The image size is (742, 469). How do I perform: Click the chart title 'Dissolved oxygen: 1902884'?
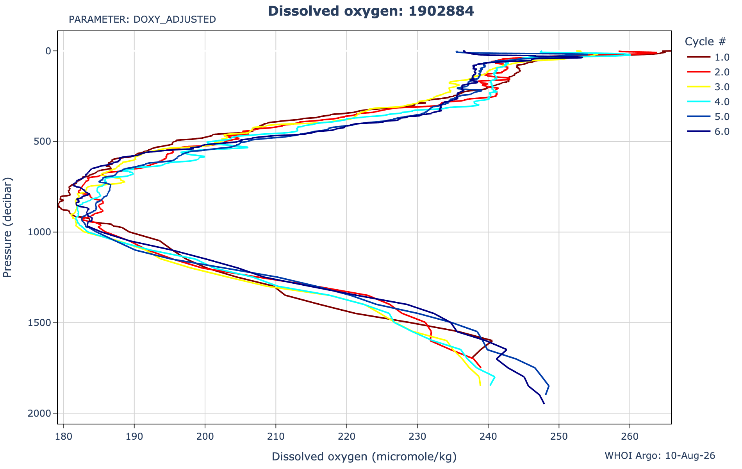tap(371, 11)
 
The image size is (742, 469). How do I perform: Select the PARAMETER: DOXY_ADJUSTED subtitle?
tap(142, 20)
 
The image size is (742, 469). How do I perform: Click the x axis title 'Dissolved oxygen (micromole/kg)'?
tap(364, 456)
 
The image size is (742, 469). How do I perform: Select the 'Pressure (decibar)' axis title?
tap(8, 227)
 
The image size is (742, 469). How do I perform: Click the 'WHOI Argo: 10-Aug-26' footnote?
tap(660, 456)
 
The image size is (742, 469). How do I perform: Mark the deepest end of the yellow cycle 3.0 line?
tap(480, 386)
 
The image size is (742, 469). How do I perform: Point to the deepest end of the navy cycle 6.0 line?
tap(544, 404)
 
